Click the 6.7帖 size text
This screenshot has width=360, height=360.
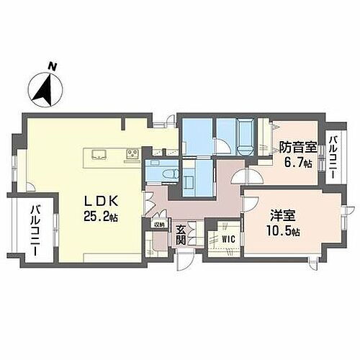click(x=297, y=163)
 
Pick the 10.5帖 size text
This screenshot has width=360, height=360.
click(x=282, y=230)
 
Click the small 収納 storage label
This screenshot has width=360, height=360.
click(x=159, y=225)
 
